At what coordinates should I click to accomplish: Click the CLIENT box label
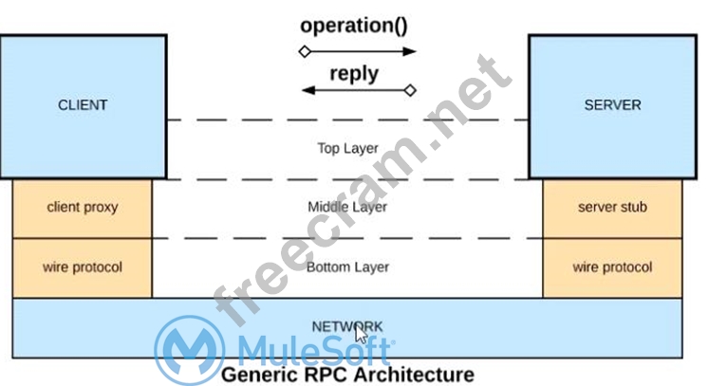[x=83, y=105]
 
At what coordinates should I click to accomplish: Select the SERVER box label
[x=612, y=105]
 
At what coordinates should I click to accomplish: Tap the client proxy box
[x=83, y=207]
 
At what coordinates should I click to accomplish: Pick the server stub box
[x=612, y=207]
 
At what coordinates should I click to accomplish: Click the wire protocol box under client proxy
[x=83, y=267]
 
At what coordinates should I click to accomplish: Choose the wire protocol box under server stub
[x=612, y=267]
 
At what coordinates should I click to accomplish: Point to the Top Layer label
[x=347, y=148]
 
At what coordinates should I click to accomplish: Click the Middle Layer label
[x=347, y=207]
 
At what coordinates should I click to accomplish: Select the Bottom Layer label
[x=347, y=267]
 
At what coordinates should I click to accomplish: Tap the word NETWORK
[x=347, y=326]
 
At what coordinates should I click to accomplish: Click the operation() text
[x=354, y=25]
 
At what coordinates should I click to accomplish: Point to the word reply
[x=354, y=73]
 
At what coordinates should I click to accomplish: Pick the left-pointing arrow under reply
[x=351, y=91]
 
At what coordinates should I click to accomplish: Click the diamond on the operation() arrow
[x=304, y=51]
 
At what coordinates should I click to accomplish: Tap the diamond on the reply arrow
[x=410, y=91]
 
